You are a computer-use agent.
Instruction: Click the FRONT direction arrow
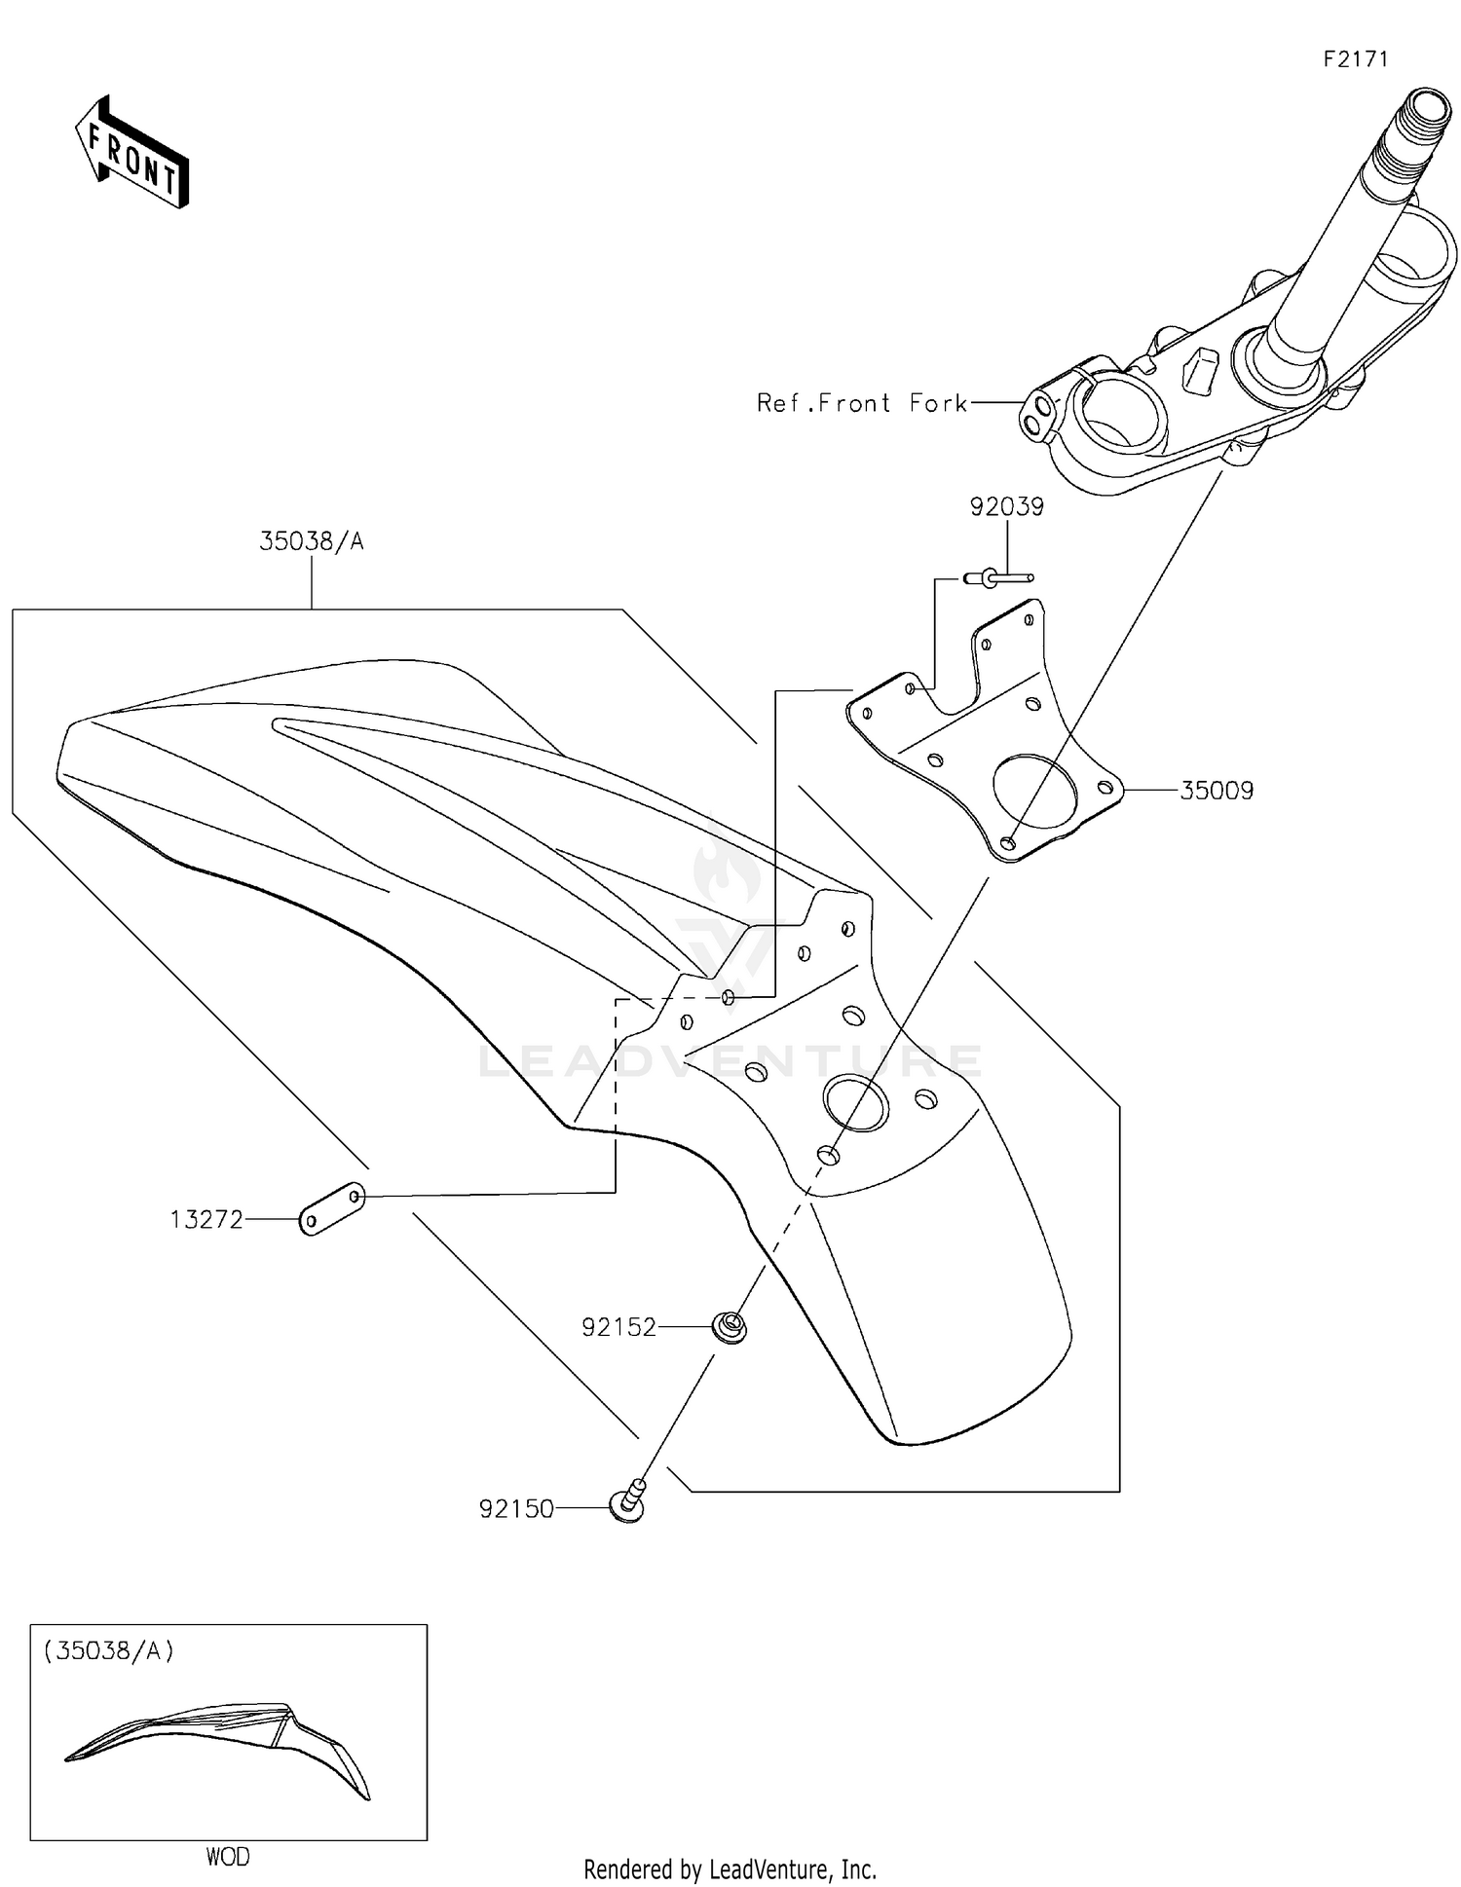point(131,154)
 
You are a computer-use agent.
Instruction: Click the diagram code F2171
point(1355,59)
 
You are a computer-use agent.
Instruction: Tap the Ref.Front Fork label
point(862,403)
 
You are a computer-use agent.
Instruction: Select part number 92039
point(1006,507)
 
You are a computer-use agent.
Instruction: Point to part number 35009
point(1217,791)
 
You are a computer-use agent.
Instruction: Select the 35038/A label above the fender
point(311,542)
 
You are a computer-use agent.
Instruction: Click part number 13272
point(206,1219)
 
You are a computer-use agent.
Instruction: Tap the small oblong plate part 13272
point(331,1208)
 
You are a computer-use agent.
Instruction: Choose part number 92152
point(618,1327)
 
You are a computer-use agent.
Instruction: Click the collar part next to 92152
point(730,1326)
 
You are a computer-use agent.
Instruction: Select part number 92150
point(516,1509)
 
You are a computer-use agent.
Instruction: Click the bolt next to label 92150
point(628,1501)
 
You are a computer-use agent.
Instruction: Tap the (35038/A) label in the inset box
point(108,1650)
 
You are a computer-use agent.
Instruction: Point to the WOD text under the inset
point(227,1857)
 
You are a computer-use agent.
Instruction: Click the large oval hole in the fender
point(855,1102)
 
